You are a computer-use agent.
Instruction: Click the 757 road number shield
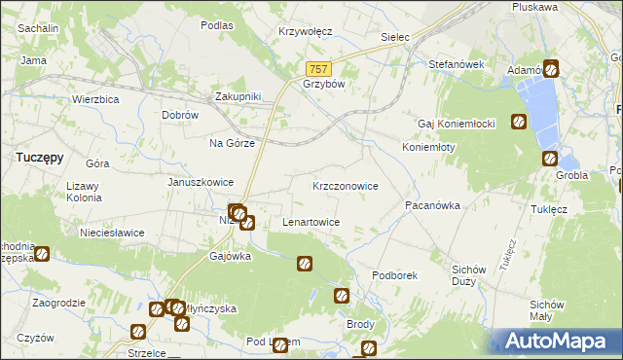[320, 69]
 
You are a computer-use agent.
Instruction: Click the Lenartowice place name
[311, 222]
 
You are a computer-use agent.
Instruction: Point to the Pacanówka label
[432, 206]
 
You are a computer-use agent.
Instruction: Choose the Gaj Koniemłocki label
[458, 124]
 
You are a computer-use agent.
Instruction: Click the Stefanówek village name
[457, 64]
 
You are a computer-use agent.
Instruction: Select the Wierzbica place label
[95, 99]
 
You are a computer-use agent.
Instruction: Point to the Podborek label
[394, 275]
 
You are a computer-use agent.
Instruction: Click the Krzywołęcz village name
[305, 31]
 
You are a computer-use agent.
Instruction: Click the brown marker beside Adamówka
[550, 69]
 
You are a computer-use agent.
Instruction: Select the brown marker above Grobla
[549, 159]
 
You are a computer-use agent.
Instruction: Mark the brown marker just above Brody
[341, 296]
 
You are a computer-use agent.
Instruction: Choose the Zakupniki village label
[238, 96]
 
